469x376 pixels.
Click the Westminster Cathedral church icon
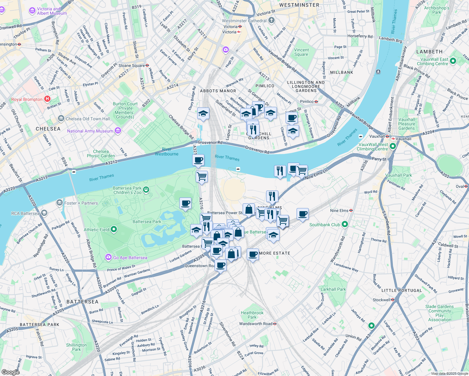(271, 21)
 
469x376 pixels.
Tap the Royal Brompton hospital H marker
(47, 99)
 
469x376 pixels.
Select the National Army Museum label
(90, 131)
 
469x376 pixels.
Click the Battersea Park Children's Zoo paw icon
(146, 190)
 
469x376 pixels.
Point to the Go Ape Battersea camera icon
(108, 258)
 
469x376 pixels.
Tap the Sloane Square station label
(131, 65)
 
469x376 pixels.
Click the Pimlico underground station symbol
(316, 102)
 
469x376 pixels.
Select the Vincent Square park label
(301, 52)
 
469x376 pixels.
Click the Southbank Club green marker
(345, 224)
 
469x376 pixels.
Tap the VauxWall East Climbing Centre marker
(453, 61)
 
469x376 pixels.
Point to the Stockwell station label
(381, 300)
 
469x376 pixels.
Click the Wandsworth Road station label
(256, 324)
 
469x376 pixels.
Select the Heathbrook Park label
(252, 315)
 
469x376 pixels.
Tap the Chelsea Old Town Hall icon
(61, 119)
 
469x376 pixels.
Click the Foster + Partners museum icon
(60, 203)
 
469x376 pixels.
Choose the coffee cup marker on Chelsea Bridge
(198, 160)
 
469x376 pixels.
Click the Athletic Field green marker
(114, 230)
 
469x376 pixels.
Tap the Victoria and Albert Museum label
(52, 11)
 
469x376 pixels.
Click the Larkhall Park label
(333, 289)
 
